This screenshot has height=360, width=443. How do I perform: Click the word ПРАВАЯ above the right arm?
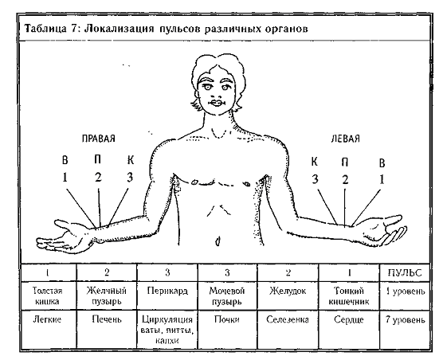(x=99, y=139)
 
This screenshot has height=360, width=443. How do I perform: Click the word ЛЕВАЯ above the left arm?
(x=345, y=139)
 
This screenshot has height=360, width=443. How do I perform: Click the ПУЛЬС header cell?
(x=405, y=272)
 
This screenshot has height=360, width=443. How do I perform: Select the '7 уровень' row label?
(x=405, y=319)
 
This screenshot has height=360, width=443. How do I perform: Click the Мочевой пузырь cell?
(x=226, y=296)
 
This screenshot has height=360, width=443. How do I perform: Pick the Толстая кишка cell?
(x=48, y=296)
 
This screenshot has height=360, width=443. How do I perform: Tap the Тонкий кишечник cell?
(x=349, y=296)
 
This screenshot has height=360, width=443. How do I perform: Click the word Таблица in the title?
(x=45, y=29)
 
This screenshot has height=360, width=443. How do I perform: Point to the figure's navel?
(x=218, y=241)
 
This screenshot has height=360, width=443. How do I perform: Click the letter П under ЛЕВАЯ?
(x=345, y=162)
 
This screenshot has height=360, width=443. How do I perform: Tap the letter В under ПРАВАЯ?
(x=65, y=160)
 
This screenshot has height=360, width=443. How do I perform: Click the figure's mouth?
(x=217, y=103)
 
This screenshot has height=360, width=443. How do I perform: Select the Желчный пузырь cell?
(x=107, y=296)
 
